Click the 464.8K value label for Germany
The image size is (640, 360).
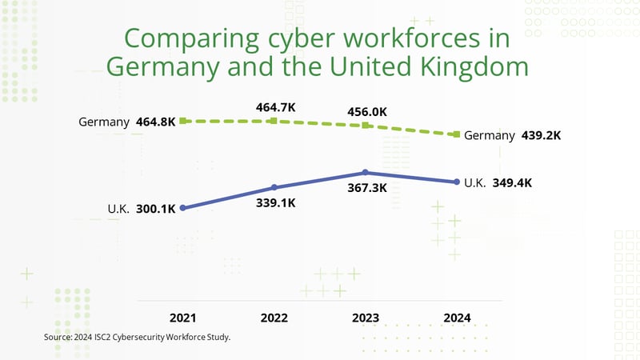[x=156, y=122]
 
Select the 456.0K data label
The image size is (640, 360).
[x=366, y=112]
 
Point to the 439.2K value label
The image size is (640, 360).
[x=541, y=135]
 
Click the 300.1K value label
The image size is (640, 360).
[x=157, y=210]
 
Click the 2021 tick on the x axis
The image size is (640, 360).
[x=183, y=318]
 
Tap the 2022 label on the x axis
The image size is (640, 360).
[x=274, y=318]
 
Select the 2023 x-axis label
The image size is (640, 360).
[x=366, y=318]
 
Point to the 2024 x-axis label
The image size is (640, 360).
[x=457, y=318]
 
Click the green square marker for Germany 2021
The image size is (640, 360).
[x=183, y=121]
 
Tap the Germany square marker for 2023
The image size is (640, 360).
[x=366, y=126]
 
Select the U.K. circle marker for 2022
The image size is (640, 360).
[x=274, y=187]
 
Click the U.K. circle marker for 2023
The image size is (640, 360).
[x=366, y=172]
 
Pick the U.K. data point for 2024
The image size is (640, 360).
[x=457, y=182]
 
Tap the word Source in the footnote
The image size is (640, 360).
[x=58, y=338]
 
